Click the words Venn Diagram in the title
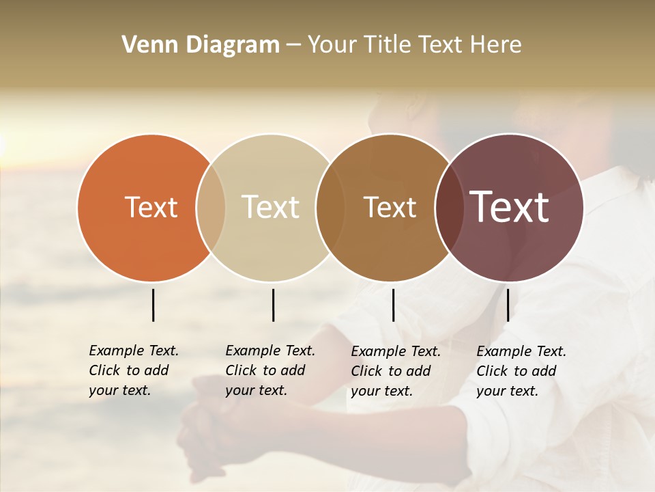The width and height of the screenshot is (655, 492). click(x=201, y=45)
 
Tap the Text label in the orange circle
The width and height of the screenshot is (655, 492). click(x=151, y=207)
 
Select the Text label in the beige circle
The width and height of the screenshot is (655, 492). click(x=271, y=207)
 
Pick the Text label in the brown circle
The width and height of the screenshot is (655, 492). click(x=390, y=207)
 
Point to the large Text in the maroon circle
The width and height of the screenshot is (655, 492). click(x=510, y=207)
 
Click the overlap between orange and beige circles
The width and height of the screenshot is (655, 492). click(x=211, y=207)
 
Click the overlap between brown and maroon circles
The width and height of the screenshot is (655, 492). click(x=447, y=207)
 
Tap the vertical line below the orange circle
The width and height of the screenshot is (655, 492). click(x=153, y=305)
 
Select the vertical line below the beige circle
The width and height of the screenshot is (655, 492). click(x=273, y=305)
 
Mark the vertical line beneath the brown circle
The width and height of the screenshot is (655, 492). click(x=393, y=305)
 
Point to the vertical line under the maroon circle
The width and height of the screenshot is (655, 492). click(x=508, y=305)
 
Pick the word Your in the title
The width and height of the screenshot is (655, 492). click(x=332, y=45)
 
